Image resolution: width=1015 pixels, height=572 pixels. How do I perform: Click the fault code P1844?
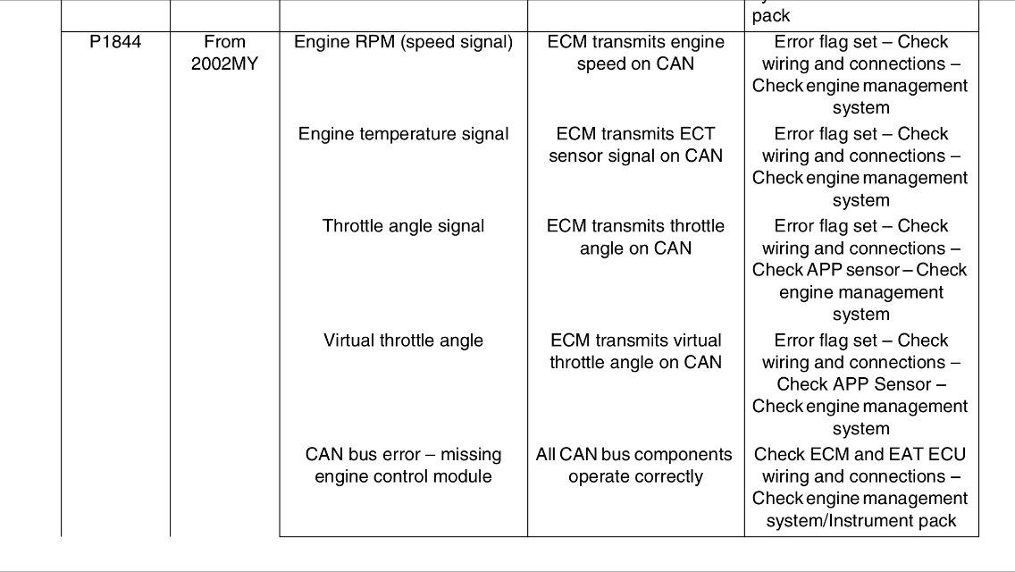click(115, 42)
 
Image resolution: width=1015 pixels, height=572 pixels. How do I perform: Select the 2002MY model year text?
click(224, 64)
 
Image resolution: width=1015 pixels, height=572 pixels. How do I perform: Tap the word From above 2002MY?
click(224, 42)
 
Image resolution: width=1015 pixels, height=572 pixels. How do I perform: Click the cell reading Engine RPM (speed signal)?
click(403, 43)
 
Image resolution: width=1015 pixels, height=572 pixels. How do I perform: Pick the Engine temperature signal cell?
click(403, 135)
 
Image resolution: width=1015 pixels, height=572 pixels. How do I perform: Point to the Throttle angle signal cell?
click(403, 227)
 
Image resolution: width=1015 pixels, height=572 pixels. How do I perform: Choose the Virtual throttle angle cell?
click(403, 341)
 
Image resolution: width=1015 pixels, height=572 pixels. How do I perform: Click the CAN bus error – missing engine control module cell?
click(403, 466)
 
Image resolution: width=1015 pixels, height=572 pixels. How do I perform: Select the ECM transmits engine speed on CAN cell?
click(635, 53)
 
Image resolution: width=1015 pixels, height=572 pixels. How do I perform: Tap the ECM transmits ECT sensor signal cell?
click(635, 145)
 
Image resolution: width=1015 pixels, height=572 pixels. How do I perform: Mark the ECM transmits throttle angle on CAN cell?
click(635, 237)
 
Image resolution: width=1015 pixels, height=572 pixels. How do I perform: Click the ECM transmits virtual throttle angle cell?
click(635, 352)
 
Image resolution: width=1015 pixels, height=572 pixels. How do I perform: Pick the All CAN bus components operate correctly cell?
click(634, 466)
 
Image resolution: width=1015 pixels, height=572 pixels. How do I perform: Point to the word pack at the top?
click(771, 16)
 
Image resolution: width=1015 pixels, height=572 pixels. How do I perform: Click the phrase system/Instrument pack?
click(861, 521)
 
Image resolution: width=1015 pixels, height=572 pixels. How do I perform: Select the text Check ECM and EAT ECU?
click(860, 455)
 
